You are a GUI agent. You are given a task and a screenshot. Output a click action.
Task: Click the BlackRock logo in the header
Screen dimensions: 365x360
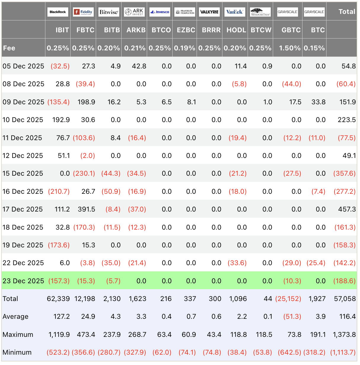(x=58, y=12)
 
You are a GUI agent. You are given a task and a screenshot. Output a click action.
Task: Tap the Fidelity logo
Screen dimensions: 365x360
(x=83, y=12)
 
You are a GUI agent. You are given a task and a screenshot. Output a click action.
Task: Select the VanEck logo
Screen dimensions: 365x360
(x=235, y=12)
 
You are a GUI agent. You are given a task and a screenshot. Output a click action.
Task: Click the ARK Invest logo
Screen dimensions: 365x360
(x=134, y=12)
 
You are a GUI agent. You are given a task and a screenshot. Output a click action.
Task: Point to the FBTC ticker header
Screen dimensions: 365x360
(x=85, y=30)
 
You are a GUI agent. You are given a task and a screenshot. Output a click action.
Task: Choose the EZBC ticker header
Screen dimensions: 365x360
(x=186, y=30)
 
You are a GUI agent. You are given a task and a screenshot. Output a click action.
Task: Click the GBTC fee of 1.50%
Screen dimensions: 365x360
(x=290, y=48)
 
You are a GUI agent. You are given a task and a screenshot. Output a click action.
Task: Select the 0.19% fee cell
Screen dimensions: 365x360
(x=184, y=48)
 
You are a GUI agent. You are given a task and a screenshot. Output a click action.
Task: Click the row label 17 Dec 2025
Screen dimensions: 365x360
(x=23, y=209)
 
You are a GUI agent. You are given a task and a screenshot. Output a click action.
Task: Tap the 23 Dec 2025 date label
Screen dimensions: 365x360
(x=23, y=281)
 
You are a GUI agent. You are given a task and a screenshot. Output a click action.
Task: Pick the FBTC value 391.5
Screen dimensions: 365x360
(x=86, y=209)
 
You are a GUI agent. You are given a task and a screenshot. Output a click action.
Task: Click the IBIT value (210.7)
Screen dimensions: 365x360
(x=59, y=191)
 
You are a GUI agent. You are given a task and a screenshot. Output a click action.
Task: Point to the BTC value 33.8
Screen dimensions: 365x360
(x=318, y=102)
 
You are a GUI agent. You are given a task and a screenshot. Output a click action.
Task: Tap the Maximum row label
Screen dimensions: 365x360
(x=18, y=334)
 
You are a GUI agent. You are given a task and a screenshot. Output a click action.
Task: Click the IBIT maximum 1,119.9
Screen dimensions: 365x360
(x=59, y=334)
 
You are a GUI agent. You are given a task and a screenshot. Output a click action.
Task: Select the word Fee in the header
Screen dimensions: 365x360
(x=9, y=48)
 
